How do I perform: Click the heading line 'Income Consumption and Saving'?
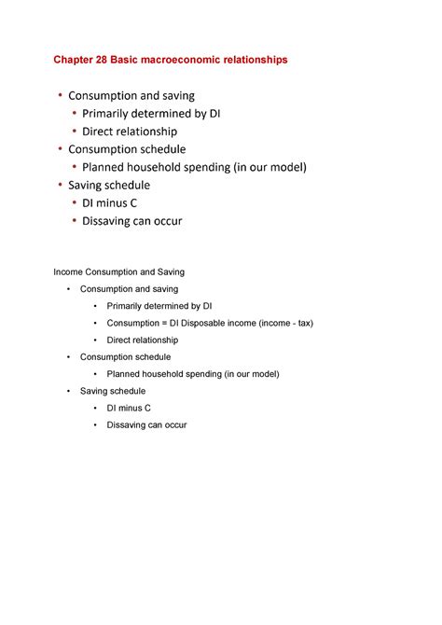[118, 272]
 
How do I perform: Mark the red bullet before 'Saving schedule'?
[61, 185]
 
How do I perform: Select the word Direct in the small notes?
[120, 340]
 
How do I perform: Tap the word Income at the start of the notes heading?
[67, 272]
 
